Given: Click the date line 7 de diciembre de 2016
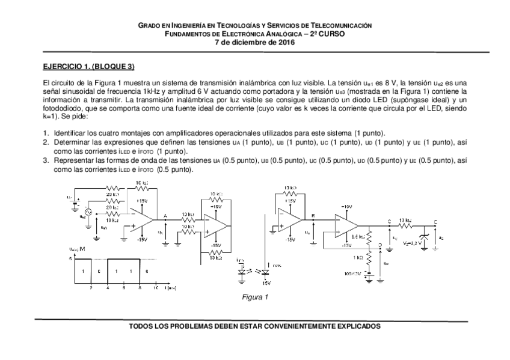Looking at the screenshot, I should [255, 41].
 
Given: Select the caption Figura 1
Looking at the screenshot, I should [254, 297].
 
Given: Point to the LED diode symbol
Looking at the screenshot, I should [242, 270].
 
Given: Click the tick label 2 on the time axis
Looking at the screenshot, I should [91, 288].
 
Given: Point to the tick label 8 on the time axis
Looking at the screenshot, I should [140, 288].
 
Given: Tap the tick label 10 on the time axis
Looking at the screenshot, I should [155, 288].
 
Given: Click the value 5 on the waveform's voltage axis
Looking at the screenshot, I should [70, 258].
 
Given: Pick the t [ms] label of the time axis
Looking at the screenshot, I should [170, 288].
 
